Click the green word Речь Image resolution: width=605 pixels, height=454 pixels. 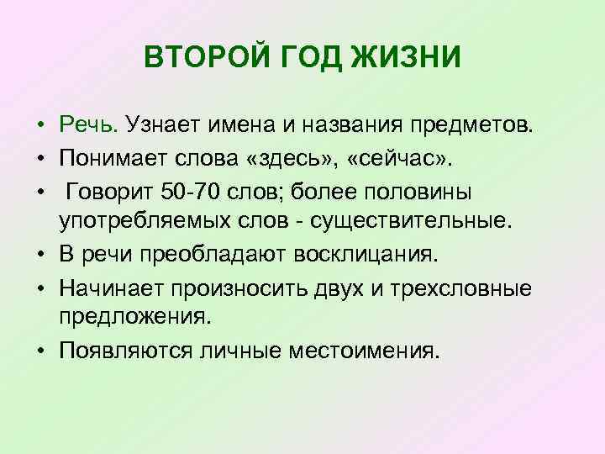(x=90, y=125)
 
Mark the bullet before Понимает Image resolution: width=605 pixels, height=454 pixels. (x=40, y=160)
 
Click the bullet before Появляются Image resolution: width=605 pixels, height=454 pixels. (x=40, y=351)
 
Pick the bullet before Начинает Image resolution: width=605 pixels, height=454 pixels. (x=40, y=289)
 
